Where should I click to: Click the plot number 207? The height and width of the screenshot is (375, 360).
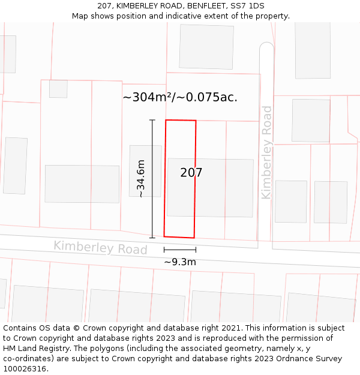(191, 173)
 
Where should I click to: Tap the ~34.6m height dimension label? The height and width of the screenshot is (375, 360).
(140, 178)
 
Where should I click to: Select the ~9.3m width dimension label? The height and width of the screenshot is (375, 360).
(180, 262)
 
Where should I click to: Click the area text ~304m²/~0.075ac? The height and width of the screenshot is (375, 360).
(180, 97)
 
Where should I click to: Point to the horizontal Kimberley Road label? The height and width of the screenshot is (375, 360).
(100, 247)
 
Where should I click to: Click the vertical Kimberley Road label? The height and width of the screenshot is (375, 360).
(266, 152)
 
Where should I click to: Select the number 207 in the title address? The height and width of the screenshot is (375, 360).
(104, 6)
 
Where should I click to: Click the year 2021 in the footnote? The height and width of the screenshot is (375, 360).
(230, 328)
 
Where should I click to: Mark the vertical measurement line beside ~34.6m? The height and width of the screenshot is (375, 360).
(152, 179)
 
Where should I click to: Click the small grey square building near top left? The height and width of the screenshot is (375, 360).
(58, 89)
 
